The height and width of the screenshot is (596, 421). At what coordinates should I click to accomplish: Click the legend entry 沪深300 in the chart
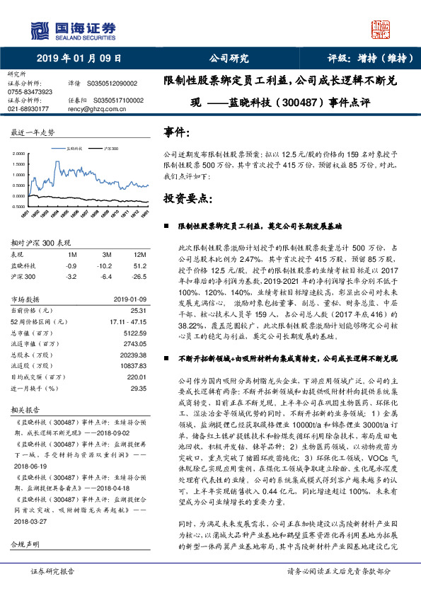click(110, 149)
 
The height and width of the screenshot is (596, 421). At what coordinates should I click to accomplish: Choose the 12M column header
click(139, 253)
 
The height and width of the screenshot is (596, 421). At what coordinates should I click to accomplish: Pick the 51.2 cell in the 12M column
click(139, 265)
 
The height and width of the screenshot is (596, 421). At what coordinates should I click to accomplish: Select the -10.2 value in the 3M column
click(108, 265)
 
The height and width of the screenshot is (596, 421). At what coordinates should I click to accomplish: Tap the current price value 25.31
click(138, 310)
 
